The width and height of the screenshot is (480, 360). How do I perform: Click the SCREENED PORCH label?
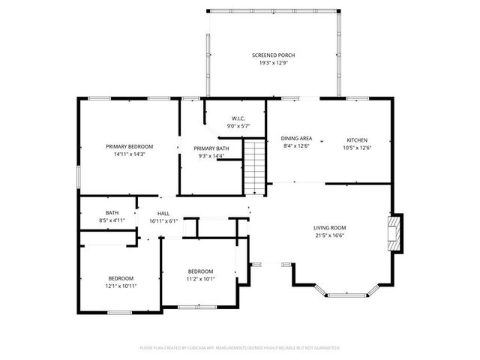coord(273,55)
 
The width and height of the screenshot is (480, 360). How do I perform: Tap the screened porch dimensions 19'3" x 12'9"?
coord(273,63)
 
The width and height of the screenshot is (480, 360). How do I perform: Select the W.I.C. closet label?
coord(238,118)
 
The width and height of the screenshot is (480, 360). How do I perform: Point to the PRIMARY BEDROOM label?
coord(129,146)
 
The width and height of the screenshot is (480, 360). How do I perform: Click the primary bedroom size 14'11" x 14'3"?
coord(129,154)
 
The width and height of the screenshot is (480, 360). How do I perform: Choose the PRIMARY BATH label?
coord(211,148)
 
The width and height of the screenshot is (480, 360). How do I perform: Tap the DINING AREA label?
coord(296,139)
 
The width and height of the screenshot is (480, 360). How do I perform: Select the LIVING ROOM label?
coord(329,227)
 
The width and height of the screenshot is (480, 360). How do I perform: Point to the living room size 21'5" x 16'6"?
coord(329,235)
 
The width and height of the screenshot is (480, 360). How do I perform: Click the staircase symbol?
coord(256,166)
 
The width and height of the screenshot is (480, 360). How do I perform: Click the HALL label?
coord(163,214)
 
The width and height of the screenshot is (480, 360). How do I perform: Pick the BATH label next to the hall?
coord(112,212)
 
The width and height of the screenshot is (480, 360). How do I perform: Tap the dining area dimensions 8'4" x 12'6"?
coord(296,146)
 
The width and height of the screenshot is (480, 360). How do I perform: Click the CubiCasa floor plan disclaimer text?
coord(240,348)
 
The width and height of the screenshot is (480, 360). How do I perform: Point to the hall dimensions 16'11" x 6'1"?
coord(163,221)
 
